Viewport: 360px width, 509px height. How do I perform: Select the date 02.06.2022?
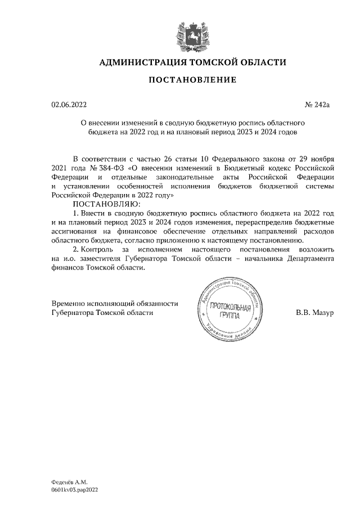coord(69,105)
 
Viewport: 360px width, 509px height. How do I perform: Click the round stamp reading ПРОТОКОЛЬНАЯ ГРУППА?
coord(229,311)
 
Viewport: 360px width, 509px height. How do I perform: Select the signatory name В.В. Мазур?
coord(314,312)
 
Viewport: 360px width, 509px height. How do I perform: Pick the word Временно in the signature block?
coord(70,303)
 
